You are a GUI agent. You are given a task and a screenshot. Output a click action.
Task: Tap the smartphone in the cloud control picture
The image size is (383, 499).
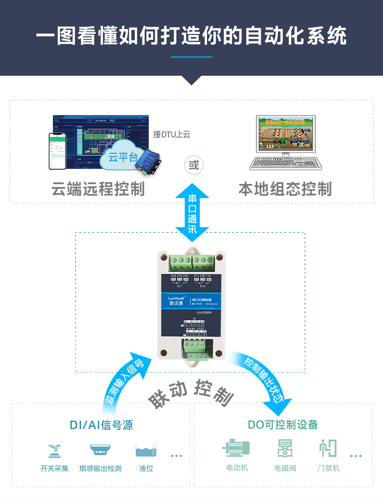click(x=57, y=151)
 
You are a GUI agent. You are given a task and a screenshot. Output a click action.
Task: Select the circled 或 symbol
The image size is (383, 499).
click(x=193, y=165)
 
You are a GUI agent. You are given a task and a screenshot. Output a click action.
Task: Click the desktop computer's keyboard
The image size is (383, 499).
click(x=286, y=164)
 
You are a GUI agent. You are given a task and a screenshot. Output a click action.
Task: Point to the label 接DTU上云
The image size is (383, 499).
click(x=172, y=134)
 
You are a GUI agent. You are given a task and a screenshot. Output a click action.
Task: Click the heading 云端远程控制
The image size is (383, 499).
click(x=98, y=188)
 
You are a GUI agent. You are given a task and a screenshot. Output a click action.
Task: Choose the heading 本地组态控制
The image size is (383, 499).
click(x=285, y=188)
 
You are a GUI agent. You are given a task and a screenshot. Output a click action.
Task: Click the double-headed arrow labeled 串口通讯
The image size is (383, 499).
click(x=192, y=213)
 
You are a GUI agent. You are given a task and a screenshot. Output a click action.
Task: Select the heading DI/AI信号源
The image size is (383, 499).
click(x=101, y=425)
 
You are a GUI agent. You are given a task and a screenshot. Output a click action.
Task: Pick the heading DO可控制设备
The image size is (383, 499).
click(x=283, y=425)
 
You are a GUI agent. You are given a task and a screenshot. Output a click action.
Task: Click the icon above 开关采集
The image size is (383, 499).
click(x=54, y=450)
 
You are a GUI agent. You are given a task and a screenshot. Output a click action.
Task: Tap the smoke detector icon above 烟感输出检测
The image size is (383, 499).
click(x=100, y=450)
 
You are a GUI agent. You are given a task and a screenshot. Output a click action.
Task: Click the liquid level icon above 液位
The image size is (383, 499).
click(x=146, y=450)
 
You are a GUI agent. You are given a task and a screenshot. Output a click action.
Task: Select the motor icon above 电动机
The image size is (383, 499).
click(x=236, y=448)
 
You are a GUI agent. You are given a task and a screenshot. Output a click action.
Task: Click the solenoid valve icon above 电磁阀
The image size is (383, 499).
click(x=285, y=448)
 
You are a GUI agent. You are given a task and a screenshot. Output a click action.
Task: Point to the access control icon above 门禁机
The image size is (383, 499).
click(x=328, y=448)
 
